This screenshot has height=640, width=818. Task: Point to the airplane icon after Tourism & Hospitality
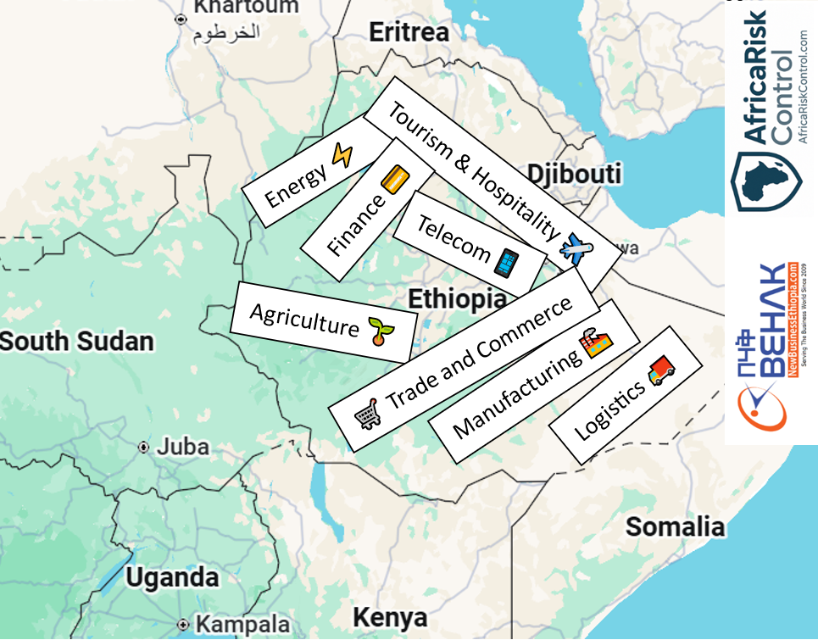[577, 248]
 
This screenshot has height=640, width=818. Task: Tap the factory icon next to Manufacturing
[595, 343]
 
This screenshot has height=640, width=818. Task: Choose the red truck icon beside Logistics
[661, 371]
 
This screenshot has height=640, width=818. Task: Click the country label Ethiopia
[457, 298]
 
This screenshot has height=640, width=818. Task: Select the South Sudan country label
[77, 342]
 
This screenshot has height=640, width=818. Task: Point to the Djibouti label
[574, 174]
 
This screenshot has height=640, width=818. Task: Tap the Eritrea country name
[409, 32]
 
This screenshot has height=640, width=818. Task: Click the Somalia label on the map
[675, 526]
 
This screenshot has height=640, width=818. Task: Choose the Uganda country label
[172, 577]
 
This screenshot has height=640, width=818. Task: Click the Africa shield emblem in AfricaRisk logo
[766, 180]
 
